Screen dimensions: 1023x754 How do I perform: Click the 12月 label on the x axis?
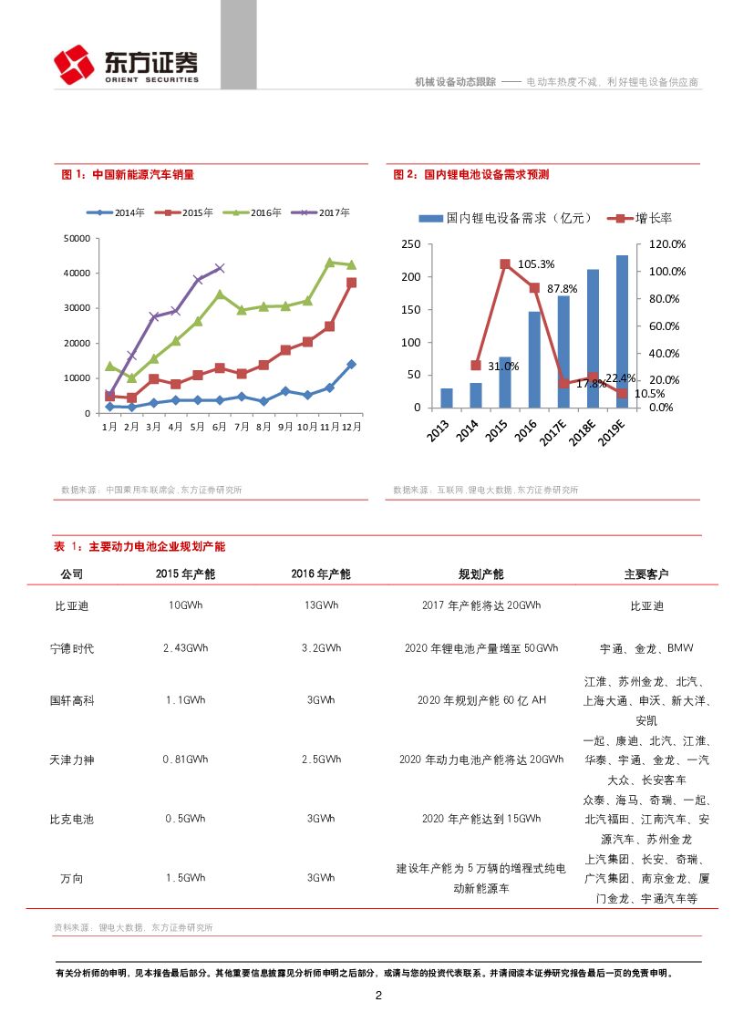(351, 426)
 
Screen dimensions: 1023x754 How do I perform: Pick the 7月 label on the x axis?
(241, 426)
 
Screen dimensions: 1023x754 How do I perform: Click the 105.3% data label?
(536, 264)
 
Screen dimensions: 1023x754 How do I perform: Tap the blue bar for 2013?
(446, 398)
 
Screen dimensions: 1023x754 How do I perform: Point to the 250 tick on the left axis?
(411, 244)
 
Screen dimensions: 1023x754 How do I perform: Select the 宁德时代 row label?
(72, 648)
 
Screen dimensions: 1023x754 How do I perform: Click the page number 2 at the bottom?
(378, 995)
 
